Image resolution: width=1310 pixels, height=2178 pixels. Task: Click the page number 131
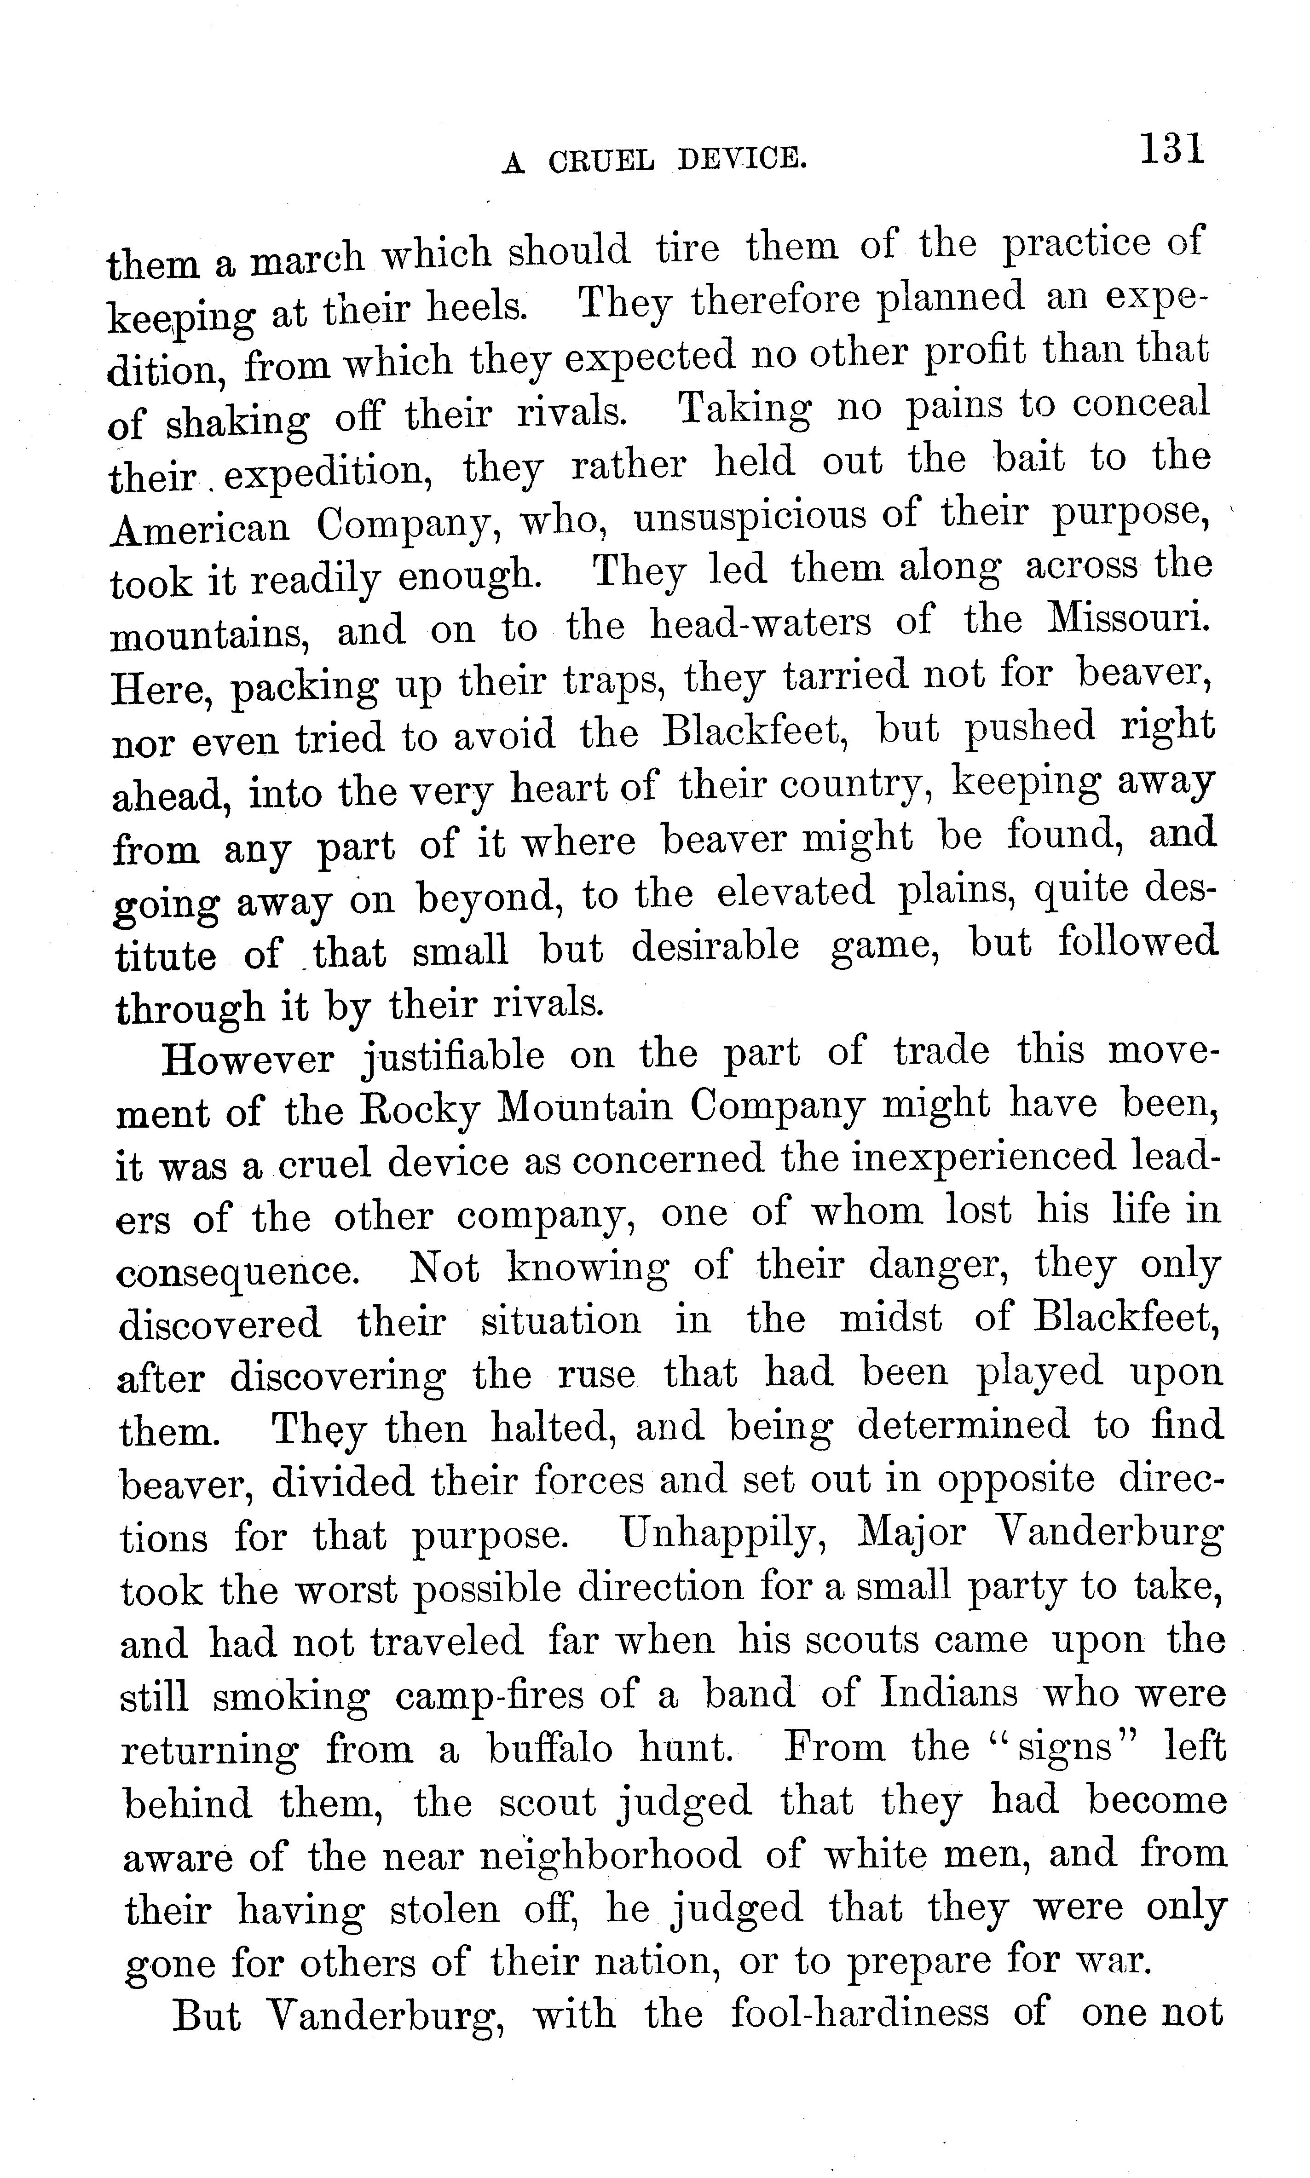[1171, 148]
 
